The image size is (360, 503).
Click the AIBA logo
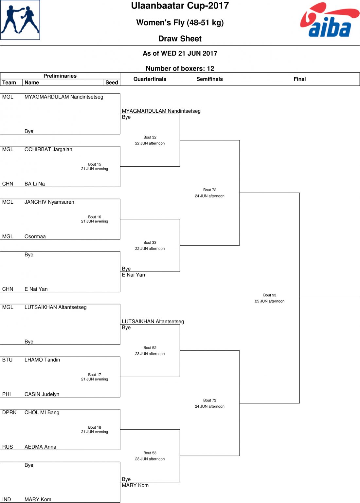[330, 20]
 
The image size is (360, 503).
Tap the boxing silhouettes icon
[20, 20]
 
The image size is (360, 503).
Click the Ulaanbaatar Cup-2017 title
[180, 6]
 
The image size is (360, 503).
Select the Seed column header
[112, 83]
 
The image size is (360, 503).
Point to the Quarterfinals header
[150, 79]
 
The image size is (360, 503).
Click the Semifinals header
[209, 79]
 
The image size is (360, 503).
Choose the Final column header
[300, 79]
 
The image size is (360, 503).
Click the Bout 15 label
[95, 164]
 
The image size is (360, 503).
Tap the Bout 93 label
[270, 295]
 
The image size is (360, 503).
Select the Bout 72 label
[210, 190]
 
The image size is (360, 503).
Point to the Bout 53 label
[150, 453]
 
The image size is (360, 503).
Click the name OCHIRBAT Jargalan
[48, 150]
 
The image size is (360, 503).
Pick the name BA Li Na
[35, 184]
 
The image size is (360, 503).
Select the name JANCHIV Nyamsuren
[49, 202]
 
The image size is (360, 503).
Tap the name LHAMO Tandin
[42, 360]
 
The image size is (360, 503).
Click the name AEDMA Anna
[40, 447]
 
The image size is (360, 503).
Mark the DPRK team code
[9, 413]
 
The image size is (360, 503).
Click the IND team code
[7, 499]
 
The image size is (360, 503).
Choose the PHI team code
[7, 394]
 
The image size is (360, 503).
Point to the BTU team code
[7, 360]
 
